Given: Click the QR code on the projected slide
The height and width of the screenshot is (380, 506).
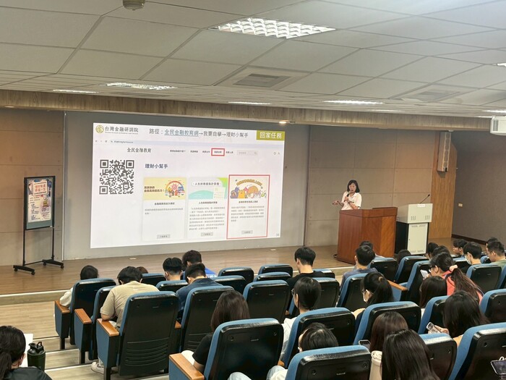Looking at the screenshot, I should click(x=116, y=177).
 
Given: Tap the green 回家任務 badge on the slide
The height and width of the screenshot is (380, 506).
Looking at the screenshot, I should click(x=270, y=135).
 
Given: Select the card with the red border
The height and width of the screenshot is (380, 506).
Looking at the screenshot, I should click(x=248, y=206).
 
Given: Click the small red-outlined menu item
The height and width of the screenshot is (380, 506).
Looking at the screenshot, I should click(x=218, y=152).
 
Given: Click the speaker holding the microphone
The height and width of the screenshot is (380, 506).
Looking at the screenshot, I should click(x=351, y=196).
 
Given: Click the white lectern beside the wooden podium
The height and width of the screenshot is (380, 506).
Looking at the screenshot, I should click(x=413, y=227).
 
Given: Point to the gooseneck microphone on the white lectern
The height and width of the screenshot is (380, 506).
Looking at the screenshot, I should click(x=424, y=198).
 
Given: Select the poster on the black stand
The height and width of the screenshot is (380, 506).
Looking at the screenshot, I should click(x=39, y=202).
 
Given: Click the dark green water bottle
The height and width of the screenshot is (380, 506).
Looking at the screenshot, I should click(x=36, y=355).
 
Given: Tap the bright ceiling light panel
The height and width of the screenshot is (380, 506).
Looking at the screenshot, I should click(x=274, y=28).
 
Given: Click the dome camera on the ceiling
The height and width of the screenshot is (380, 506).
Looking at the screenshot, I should click(x=134, y=4).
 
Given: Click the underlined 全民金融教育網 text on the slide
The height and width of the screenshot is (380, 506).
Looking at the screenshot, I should click(x=191, y=135).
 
